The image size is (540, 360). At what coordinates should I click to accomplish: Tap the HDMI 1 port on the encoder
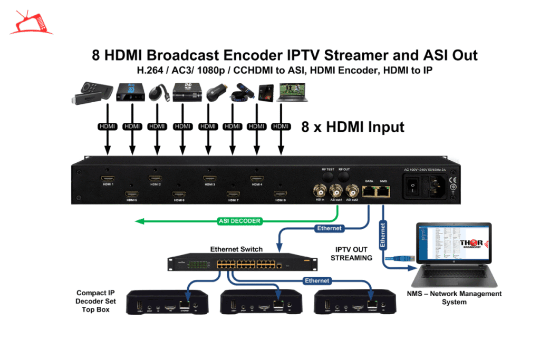(108, 178)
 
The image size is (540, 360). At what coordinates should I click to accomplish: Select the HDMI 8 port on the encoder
(280, 193)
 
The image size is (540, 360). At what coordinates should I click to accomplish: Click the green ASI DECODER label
(239, 221)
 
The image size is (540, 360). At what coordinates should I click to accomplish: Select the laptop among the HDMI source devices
(291, 92)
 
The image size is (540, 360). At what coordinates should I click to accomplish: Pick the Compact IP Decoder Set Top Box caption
(95, 301)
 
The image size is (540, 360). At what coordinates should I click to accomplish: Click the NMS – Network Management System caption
(454, 298)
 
